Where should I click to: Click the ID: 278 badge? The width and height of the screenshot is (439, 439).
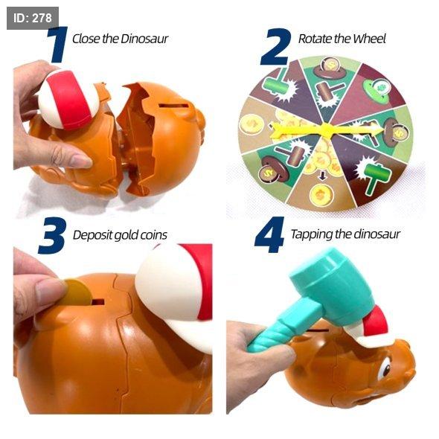point(33,18)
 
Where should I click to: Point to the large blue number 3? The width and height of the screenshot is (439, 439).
point(52,235)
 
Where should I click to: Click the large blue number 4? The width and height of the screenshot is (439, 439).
point(269,234)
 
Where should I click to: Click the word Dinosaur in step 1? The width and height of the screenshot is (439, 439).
point(144,39)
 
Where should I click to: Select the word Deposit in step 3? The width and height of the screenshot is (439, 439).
point(93,236)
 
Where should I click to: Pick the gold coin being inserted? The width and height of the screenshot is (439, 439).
point(76,293)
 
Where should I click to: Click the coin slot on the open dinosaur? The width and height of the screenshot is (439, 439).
point(173,106)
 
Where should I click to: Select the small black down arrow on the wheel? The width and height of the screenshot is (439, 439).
point(322,176)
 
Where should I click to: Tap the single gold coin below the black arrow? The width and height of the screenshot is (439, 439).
point(321,194)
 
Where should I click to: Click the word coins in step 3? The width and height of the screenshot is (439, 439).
point(153,235)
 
